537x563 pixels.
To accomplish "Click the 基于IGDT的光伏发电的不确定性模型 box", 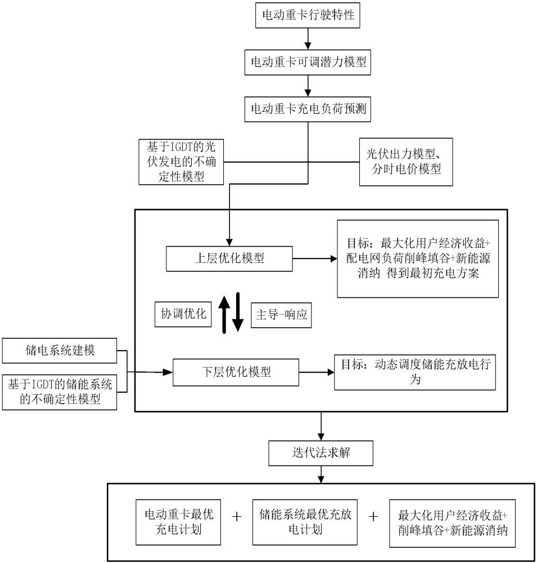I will coord(181,162).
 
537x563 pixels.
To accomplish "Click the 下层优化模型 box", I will coord(236,372).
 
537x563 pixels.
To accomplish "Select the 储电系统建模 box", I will coord(60,350).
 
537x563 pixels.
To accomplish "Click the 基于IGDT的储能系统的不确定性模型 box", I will coord(60,392).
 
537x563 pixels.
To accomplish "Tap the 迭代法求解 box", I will coord(321,453).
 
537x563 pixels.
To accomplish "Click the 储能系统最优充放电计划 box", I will coord(304,522).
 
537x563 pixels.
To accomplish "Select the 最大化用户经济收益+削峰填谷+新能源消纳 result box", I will coord(453,522).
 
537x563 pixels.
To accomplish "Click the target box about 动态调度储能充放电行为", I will coord(415,372).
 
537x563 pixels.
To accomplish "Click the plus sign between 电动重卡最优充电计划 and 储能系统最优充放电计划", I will coord(237,517).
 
